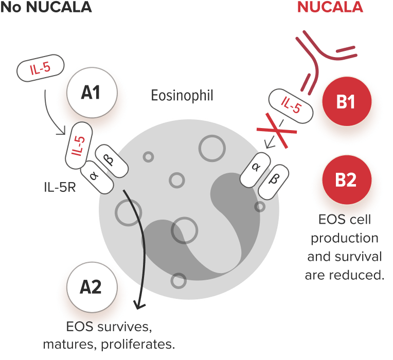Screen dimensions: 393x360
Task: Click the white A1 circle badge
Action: [x=92, y=92]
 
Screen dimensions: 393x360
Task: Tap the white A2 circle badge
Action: [x=92, y=287]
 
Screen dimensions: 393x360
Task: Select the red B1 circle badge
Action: [x=347, y=101]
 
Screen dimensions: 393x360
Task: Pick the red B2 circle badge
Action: [x=347, y=179]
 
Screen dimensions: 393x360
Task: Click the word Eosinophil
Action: [x=182, y=96]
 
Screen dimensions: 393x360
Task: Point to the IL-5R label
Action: [x=60, y=187]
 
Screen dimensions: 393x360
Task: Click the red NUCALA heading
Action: [x=330, y=7]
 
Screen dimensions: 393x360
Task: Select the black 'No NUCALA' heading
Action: [x=46, y=7]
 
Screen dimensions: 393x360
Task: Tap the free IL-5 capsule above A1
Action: [x=40, y=68]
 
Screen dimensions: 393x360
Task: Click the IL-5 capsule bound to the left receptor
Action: [x=79, y=146]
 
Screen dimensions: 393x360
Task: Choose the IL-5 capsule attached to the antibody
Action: [x=291, y=106]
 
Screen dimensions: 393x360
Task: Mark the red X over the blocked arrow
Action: [x=277, y=131]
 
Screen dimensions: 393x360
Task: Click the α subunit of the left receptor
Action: [x=97, y=177]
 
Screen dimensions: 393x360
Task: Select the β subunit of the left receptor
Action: [x=112, y=161]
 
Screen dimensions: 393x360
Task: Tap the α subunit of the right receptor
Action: [x=255, y=170]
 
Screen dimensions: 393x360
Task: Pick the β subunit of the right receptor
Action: [x=273, y=182]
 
